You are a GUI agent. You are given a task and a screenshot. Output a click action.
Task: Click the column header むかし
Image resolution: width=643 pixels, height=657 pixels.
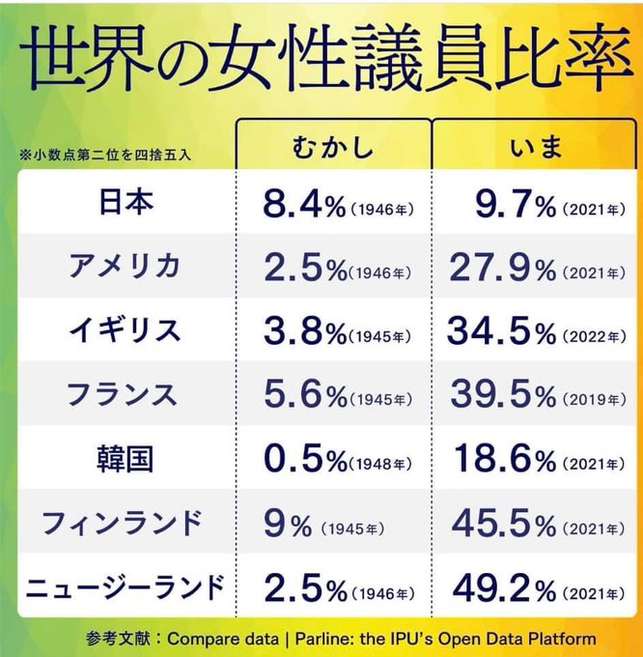point(332,149)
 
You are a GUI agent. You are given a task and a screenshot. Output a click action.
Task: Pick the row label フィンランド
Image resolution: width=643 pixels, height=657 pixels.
point(124,522)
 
